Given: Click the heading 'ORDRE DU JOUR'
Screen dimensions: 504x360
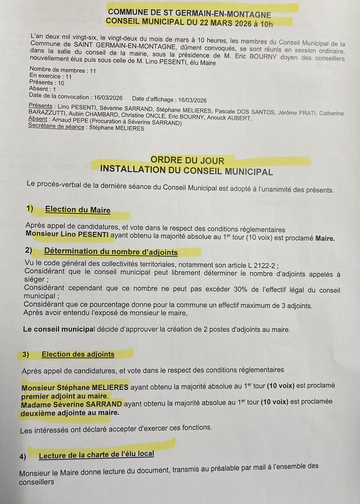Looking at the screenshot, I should pos(187,160).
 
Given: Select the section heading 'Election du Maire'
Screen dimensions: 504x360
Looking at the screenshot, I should pos(78,210).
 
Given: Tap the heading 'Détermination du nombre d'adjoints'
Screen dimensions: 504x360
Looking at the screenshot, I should pos(111,252).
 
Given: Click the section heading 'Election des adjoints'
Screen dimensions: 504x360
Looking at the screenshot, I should pos(78,354).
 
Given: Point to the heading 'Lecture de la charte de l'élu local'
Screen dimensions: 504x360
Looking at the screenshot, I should pos(96,455).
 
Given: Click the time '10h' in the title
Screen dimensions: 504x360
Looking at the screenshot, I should pos(266,24).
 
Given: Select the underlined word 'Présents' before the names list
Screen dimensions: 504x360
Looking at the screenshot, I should pos(40,106).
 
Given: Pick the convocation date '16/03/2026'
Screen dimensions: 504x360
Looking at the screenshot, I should pos(108,98).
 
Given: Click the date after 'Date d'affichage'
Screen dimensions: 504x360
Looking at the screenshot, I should pos(192,100).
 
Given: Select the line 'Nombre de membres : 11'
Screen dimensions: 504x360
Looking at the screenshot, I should pos(63,70).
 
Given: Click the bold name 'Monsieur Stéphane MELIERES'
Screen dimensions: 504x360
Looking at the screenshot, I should pos(75,388).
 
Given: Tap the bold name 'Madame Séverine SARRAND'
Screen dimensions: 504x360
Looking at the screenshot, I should pos(71,404).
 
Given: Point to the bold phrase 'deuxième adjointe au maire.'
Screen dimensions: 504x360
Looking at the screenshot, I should pos(70,413).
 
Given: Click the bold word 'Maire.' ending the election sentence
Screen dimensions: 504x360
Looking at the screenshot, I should pos(325,239).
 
